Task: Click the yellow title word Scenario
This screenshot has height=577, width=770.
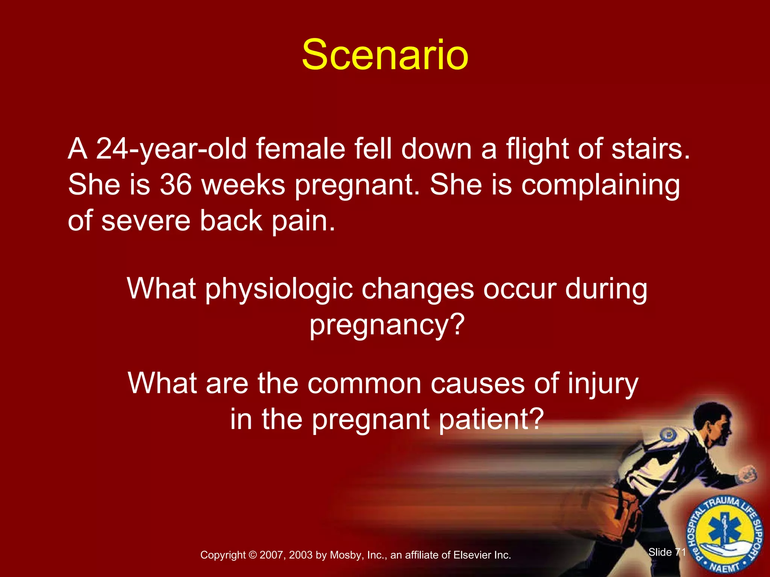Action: coord(385,56)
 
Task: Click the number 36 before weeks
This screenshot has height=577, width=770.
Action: coord(176,185)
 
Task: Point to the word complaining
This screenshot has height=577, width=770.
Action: coord(600,186)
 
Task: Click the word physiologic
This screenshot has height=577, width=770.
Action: coord(279,289)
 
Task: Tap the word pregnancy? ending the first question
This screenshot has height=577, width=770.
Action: coord(387,325)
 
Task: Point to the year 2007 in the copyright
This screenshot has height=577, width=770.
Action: coord(272,555)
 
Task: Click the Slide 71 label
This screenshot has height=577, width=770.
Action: coord(667,552)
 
